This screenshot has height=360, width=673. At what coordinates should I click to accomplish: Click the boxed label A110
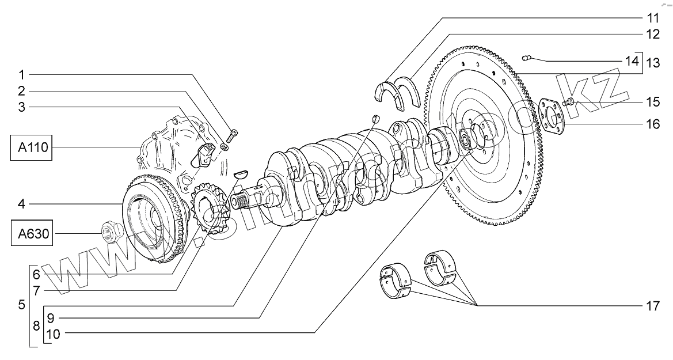[x=31, y=148]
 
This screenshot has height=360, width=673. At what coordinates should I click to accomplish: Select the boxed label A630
[x=31, y=234]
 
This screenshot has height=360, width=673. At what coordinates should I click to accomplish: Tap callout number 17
[x=652, y=306]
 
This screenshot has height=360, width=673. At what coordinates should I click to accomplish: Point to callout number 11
[x=652, y=18]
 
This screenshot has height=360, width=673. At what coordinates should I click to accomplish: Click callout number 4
[x=21, y=204]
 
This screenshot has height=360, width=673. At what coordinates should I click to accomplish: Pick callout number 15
[x=652, y=102]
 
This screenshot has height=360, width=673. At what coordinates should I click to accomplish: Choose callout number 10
[x=53, y=334]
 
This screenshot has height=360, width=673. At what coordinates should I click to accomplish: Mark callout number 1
[x=21, y=75]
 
